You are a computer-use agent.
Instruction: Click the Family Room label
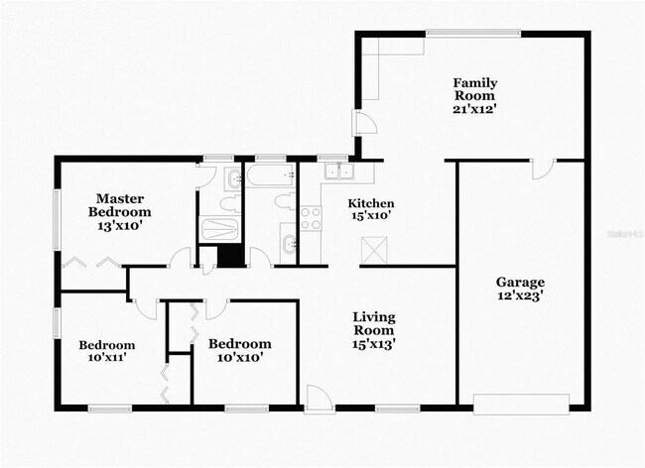pos(474,95)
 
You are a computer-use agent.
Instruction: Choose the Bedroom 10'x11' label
pos(106,351)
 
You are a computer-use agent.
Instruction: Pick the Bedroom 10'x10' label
pos(235,350)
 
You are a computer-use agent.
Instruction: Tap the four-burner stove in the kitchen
pos(311,217)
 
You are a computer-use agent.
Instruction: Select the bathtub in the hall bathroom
pos(269,178)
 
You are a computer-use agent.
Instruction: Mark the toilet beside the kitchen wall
pos(284,203)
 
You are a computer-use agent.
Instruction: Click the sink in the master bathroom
pos(231,179)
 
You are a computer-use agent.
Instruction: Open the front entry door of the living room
pos(319,399)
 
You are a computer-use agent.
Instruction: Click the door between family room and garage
pos(541,168)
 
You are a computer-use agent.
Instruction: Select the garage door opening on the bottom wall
pos(521,403)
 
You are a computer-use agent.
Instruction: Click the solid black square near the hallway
pos(229,255)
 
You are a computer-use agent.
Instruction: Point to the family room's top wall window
pos(473,35)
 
